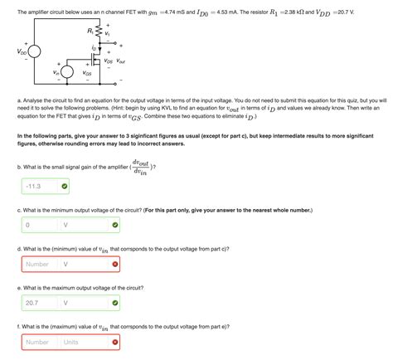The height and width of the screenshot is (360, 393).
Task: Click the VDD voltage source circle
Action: click(34, 52)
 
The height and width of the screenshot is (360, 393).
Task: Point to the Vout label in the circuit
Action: click(121, 61)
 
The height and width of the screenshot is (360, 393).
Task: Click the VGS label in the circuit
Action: click(88, 73)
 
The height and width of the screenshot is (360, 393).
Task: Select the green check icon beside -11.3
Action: click(65, 186)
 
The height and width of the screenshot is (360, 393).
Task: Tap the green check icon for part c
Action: click(114, 225)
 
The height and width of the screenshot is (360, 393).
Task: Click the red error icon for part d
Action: click(114, 264)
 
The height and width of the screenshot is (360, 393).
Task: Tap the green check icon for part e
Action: click(114, 303)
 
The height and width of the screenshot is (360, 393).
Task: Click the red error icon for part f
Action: click(114, 342)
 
